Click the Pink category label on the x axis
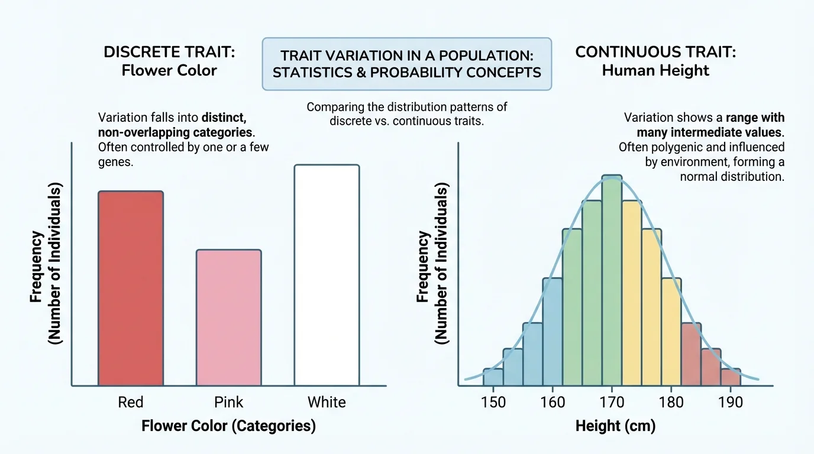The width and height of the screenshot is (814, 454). (x=228, y=403)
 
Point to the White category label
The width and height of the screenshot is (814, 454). (x=327, y=403)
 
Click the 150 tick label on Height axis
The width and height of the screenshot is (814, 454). (x=493, y=403)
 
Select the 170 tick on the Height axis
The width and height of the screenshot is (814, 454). (x=612, y=403)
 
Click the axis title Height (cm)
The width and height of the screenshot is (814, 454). (x=615, y=426)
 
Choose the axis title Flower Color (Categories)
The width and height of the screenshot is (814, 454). (x=228, y=426)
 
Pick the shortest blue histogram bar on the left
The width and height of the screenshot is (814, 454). (x=493, y=377)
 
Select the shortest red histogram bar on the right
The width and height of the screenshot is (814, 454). (x=731, y=377)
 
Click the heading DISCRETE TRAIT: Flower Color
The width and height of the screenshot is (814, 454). (x=169, y=61)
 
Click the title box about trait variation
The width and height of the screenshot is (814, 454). (x=406, y=64)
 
